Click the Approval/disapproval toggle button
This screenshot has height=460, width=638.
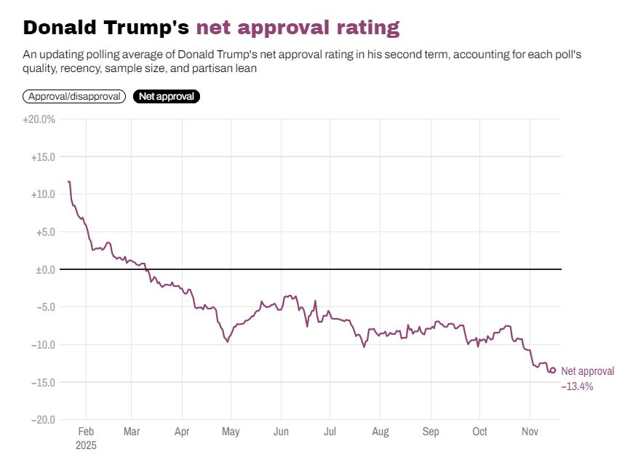(x=74, y=96)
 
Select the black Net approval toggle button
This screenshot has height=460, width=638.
(x=166, y=96)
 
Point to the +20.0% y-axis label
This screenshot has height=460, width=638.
(x=39, y=119)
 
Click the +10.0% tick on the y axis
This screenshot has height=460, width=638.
(x=43, y=194)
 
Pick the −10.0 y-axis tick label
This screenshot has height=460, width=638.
(x=43, y=344)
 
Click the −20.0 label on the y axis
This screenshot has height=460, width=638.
(x=43, y=420)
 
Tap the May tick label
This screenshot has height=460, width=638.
(x=231, y=432)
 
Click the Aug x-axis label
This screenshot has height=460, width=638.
(x=380, y=432)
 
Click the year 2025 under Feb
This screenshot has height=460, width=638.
(x=86, y=444)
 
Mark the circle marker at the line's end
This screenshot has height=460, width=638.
(x=553, y=370)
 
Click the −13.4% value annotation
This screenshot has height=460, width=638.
(x=577, y=386)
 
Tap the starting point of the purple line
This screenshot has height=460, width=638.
(x=68, y=181)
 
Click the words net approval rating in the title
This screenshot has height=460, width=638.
(x=298, y=28)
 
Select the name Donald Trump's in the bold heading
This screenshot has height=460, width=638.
(x=106, y=28)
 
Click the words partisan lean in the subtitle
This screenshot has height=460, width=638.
(x=230, y=68)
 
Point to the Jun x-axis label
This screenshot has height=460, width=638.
(x=280, y=432)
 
